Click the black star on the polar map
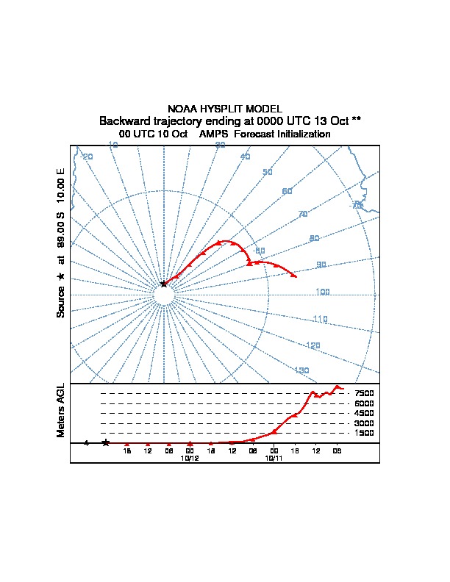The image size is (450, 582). tap(163, 284)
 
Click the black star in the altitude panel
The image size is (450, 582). tap(106, 442)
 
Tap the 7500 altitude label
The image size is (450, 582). tap(364, 393)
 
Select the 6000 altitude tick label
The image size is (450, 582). tap(364, 403)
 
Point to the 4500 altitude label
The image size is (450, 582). tap(364, 413)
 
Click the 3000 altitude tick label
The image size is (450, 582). tap(364, 423)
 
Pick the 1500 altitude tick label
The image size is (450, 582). tap(364, 433)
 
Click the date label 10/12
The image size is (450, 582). tap(190, 458)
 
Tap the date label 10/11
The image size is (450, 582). tap(274, 458)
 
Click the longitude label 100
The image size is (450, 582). tap(322, 292)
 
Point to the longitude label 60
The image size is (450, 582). tap(287, 191)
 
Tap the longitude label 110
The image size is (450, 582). tap(319, 319)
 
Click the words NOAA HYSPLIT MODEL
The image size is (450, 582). tap(224, 109)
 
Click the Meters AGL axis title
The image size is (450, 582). tap(61, 411)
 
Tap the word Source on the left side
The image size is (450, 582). tap(61, 302)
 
